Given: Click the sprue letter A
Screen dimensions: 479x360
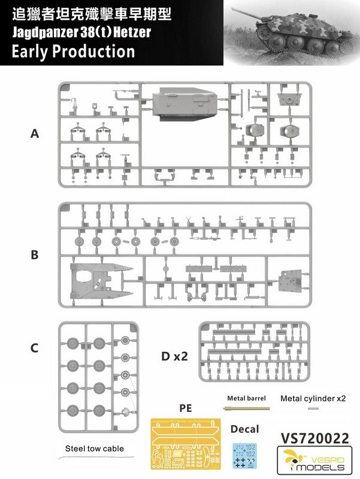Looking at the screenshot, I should click(x=35, y=134).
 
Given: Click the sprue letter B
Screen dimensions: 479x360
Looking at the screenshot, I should click(x=35, y=254).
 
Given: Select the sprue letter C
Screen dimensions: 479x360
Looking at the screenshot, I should click(x=35, y=348).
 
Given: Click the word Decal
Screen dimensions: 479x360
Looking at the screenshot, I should click(x=245, y=429).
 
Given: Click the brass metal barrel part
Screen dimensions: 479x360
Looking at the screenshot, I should click(x=246, y=408).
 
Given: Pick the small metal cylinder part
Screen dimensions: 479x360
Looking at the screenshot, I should click(x=313, y=408).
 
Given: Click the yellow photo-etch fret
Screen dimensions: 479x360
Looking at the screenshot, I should click(x=186, y=446).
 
